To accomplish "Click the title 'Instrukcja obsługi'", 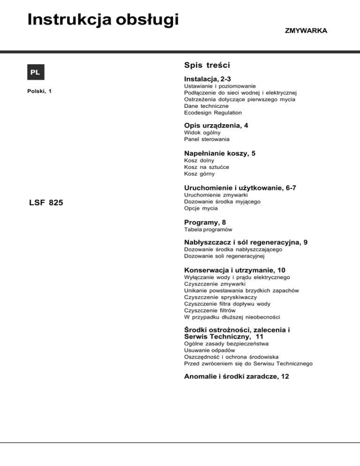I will [x=104, y=20].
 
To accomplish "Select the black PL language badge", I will [x=36, y=72].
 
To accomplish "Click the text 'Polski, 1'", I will [x=39, y=91].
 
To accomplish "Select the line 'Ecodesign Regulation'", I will [x=213, y=113].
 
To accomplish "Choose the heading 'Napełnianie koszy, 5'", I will [x=220, y=152].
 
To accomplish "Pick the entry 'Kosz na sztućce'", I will [x=207, y=166].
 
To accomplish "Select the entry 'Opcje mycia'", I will [x=202, y=208].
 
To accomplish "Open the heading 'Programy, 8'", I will [x=207, y=221].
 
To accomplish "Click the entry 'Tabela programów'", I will [x=209, y=230].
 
